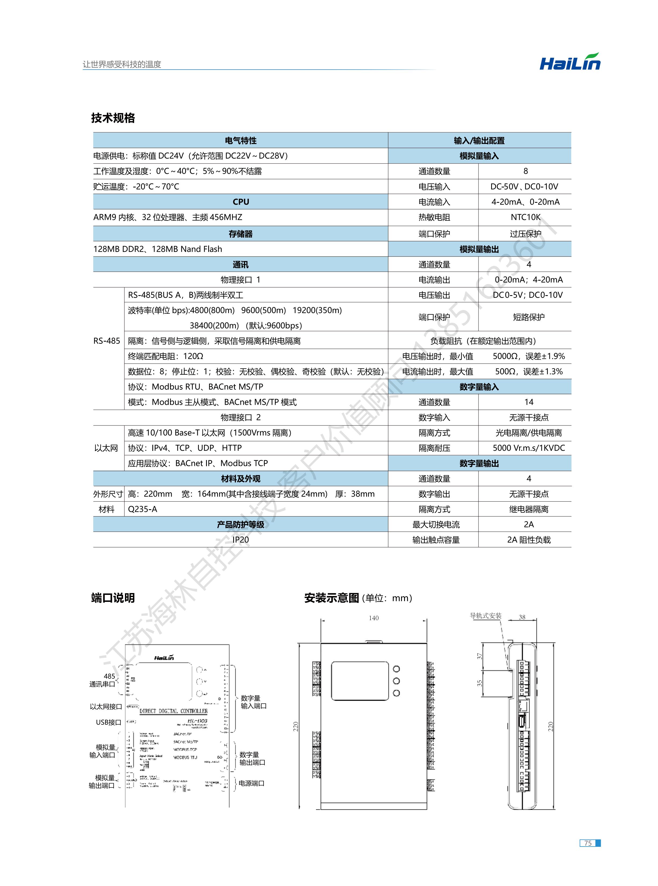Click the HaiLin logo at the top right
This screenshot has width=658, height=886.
pos(570,62)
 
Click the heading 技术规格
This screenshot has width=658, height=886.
pos(113,118)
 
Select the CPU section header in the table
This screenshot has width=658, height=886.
pos(240,202)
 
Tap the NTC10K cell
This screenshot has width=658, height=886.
pos(525,217)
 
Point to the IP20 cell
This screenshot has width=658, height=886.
pos(240,540)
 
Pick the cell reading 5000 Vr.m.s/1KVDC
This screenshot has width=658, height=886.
pos(528,448)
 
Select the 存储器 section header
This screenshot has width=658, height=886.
pos(240,234)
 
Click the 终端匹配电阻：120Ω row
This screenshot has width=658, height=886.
pos(166,356)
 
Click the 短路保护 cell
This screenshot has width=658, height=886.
pos(528,317)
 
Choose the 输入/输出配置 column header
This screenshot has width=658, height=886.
pos(479,140)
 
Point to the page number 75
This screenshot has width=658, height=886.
pos(588,843)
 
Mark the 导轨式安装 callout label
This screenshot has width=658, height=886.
pos(486,616)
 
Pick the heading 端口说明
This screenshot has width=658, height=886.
pos(113,598)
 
